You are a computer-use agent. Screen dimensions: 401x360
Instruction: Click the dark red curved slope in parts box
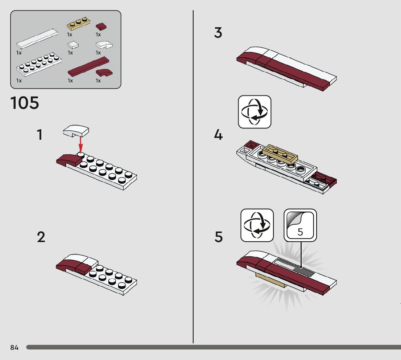click(x=104, y=73)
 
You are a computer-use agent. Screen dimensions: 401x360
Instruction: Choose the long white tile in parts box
click(x=36, y=39)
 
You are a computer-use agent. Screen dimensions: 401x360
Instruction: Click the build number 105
click(x=25, y=103)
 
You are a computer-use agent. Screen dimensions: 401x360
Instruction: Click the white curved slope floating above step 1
click(x=76, y=131)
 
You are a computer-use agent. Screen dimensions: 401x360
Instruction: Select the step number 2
click(x=41, y=237)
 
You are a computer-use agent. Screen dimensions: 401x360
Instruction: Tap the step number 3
click(x=218, y=33)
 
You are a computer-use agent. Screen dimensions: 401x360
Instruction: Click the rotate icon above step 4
click(x=255, y=112)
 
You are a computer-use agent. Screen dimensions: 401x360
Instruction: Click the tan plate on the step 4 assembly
click(x=280, y=153)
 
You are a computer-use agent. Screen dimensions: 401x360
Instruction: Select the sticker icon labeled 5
click(x=300, y=225)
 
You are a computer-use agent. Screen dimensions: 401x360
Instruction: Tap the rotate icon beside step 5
click(x=257, y=225)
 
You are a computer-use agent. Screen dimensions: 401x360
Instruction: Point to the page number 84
click(x=14, y=348)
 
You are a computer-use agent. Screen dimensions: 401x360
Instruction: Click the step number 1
click(x=40, y=135)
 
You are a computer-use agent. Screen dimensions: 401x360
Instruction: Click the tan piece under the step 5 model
click(x=272, y=280)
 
